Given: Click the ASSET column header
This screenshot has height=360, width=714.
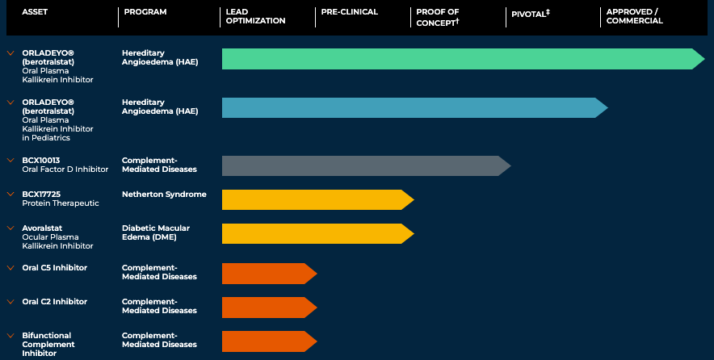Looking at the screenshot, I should pyautogui.click(x=35, y=12).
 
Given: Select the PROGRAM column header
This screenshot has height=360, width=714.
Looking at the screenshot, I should pyautogui.click(x=145, y=12).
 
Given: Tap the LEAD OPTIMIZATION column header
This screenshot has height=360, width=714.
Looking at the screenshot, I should pyautogui.click(x=253, y=16).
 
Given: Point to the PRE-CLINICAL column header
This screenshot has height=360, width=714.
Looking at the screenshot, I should pyautogui.click(x=349, y=12).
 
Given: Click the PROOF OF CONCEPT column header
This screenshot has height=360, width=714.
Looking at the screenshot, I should pyautogui.click(x=437, y=16).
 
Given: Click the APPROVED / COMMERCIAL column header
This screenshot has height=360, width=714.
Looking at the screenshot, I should pyautogui.click(x=634, y=16).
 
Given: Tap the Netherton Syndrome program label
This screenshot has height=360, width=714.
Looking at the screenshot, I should pyautogui.click(x=164, y=195).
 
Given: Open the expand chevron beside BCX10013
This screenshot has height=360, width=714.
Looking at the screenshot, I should pyautogui.click(x=10, y=161).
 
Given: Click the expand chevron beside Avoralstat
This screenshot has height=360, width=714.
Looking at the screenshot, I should pyautogui.click(x=10, y=228).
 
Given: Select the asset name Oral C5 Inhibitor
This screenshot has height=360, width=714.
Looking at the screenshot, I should pyautogui.click(x=55, y=268).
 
